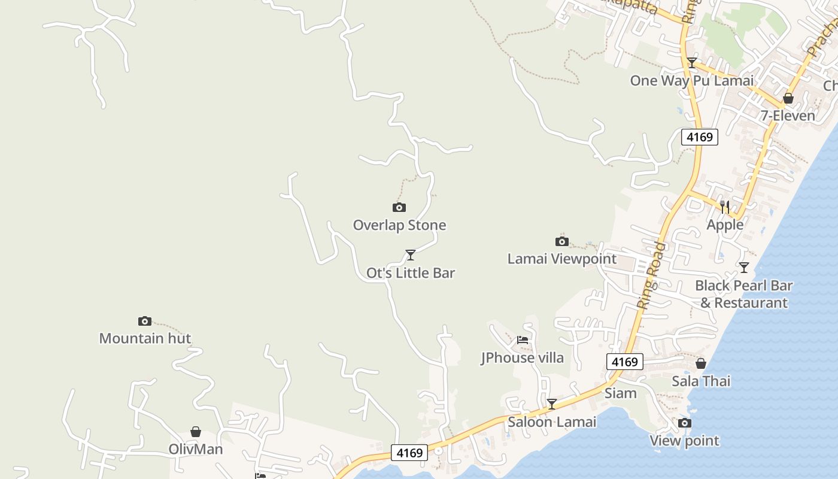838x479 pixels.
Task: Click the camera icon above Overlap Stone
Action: [399, 208]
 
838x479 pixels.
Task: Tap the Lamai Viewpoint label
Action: [561, 259]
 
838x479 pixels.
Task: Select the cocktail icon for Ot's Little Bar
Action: [411, 255]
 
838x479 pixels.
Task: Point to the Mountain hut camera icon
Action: [145, 321]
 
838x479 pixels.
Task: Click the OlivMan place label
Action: [196, 449]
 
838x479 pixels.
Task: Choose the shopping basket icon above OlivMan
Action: [196, 432]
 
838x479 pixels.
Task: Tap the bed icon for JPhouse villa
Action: [523, 340]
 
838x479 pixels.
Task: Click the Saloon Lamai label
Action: [552, 422]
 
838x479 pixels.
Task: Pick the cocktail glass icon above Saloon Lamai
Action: [552, 404]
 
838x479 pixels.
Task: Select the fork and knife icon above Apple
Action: [725, 207]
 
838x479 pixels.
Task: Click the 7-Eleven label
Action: [788, 116]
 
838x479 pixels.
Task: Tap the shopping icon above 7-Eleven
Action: [788, 98]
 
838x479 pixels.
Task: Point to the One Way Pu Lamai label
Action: [691, 80]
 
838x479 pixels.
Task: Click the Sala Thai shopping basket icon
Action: [701, 363]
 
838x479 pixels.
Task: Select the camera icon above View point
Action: [685, 423]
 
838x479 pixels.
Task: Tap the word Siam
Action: [621, 393]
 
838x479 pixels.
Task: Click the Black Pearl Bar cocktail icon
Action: [744, 268]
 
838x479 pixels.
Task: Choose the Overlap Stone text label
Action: [399, 225]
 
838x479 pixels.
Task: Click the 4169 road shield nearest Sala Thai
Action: [625, 362]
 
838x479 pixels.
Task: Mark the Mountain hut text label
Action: [145, 338]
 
